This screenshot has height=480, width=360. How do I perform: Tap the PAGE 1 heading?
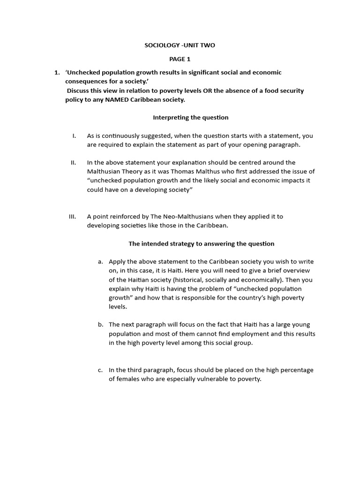pyautogui.click(x=180, y=59)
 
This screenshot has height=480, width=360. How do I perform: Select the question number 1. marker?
pyautogui.click(x=57, y=72)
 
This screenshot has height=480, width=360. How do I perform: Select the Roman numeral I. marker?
pyautogui.click(x=74, y=135)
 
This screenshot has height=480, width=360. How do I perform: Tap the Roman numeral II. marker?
pyautogui.click(x=73, y=163)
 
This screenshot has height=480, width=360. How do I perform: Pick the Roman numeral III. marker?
pyautogui.click(x=72, y=217)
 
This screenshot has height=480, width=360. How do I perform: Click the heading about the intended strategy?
pyautogui.click(x=201, y=244)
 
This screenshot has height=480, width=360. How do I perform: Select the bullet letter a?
pyautogui.click(x=100, y=262)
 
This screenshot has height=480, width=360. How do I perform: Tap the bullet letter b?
pyautogui.click(x=100, y=324)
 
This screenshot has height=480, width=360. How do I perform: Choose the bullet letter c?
pyautogui.click(x=100, y=370)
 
